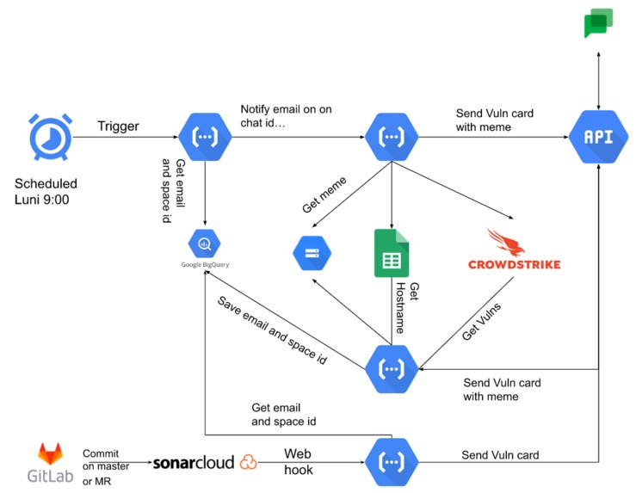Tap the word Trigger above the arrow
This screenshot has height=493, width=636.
click(x=118, y=126)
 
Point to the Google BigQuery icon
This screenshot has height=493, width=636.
click(x=205, y=245)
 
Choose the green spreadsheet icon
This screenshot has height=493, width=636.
click(x=392, y=252)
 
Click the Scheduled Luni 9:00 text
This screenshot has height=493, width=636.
click(x=46, y=192)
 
